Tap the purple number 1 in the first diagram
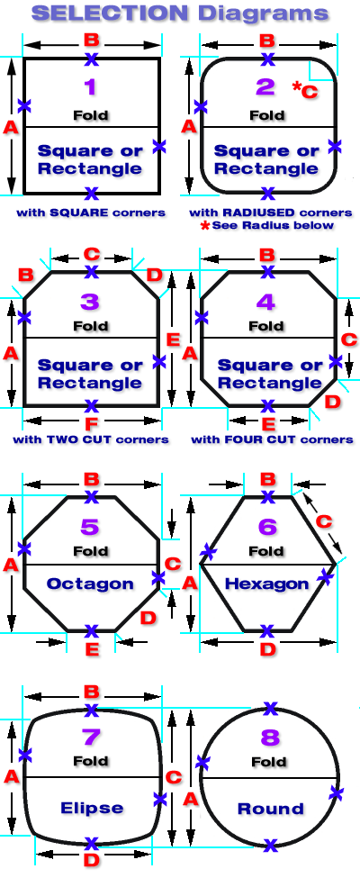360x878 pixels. point(90,86)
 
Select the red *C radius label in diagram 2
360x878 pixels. point(305,90)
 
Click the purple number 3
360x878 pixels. point(90,302)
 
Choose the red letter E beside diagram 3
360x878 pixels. point(173,339)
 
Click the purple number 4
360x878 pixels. point(265,302)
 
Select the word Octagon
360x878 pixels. point(90,584)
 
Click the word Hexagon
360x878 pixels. point(266,584)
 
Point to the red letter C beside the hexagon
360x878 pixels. point(324,521)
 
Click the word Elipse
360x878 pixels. point(91,808)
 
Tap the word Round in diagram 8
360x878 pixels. point(270,809)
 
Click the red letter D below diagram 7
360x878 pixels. point(92,859)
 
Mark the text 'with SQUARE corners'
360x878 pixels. point(91,213)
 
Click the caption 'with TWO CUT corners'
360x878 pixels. point(91,439)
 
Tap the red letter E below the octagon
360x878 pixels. point(92,648)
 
